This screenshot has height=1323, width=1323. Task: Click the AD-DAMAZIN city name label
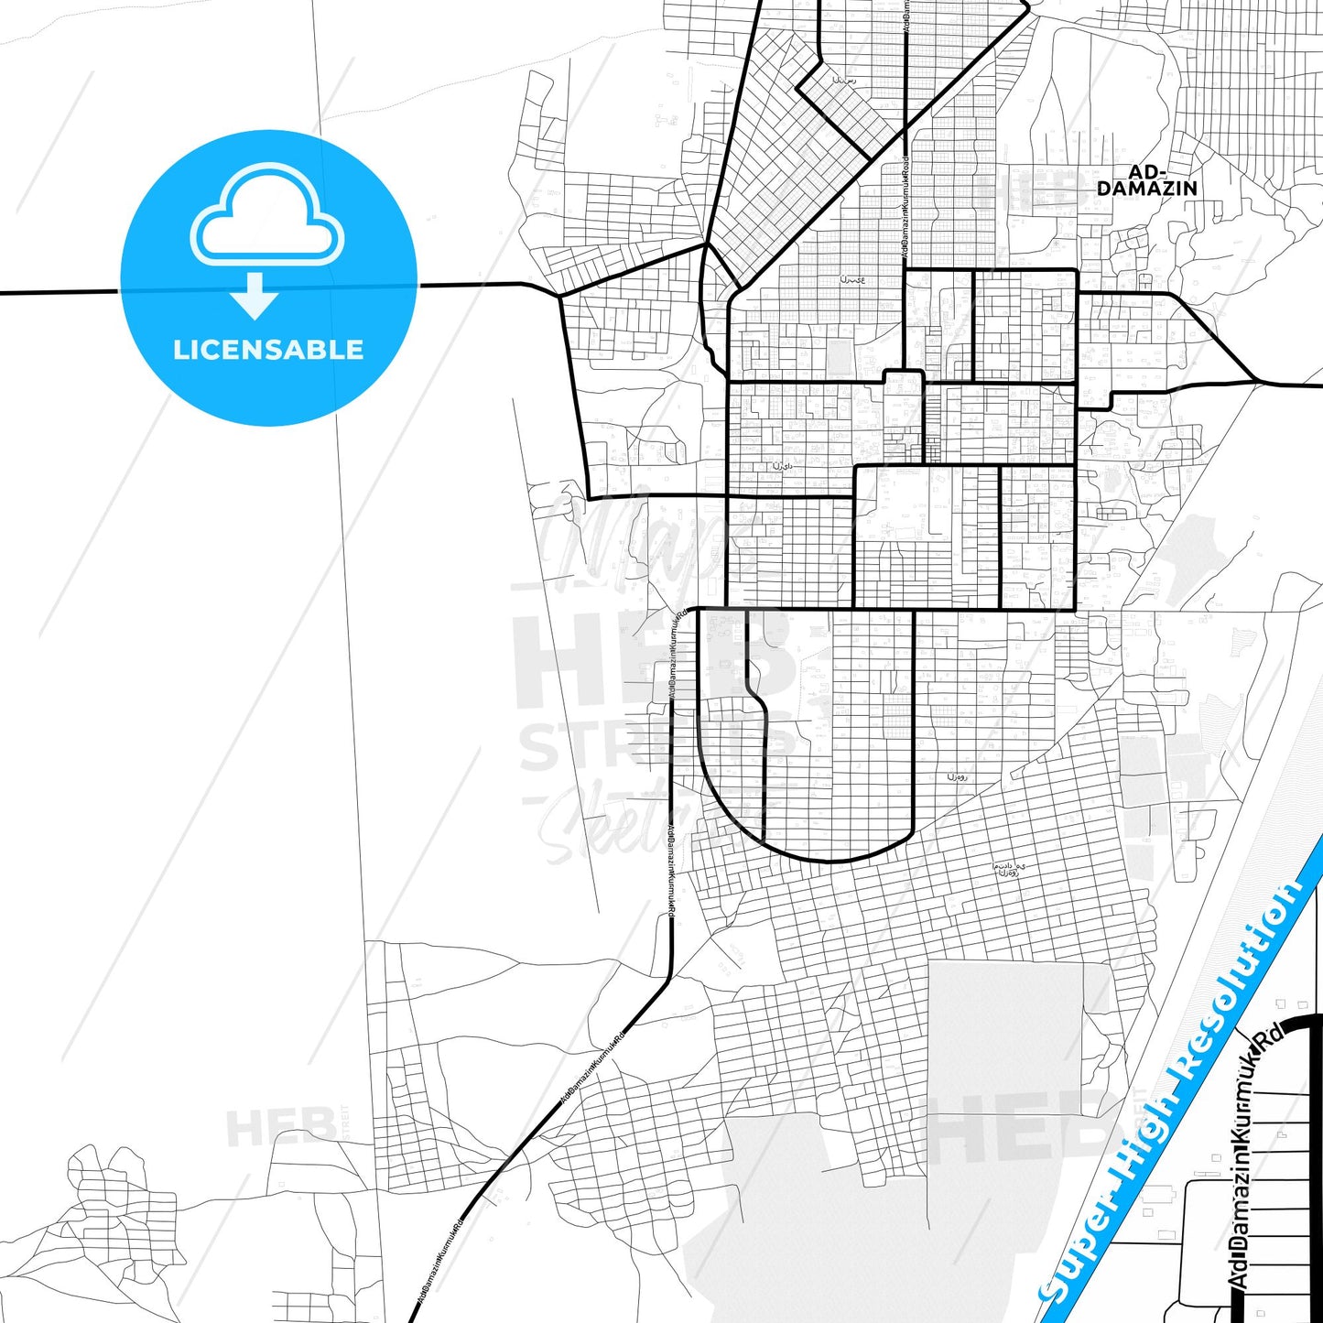click(x=1146, y=180)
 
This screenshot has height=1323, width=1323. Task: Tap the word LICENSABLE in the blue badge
click(x=268, y=350)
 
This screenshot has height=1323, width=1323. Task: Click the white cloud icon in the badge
click(x=266, y=217)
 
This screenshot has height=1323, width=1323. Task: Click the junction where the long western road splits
click(x=559, y=296)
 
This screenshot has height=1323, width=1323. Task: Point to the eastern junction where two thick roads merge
click(x=1255, y=380)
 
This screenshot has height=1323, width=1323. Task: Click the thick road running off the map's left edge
click(x=55, y=293)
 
